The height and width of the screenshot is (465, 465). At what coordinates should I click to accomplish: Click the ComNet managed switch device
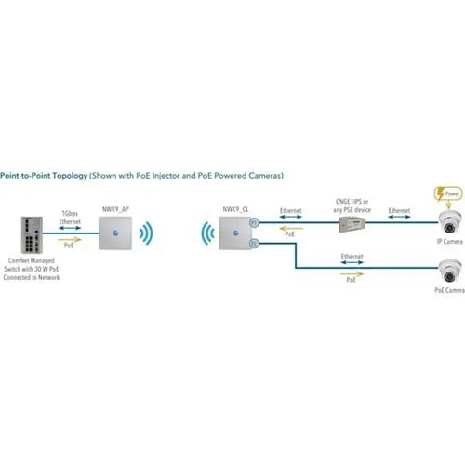pyautogui.click(x=25, y=238)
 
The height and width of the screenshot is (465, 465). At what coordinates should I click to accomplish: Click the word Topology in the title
pyautogui.click(x=60, y=175)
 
